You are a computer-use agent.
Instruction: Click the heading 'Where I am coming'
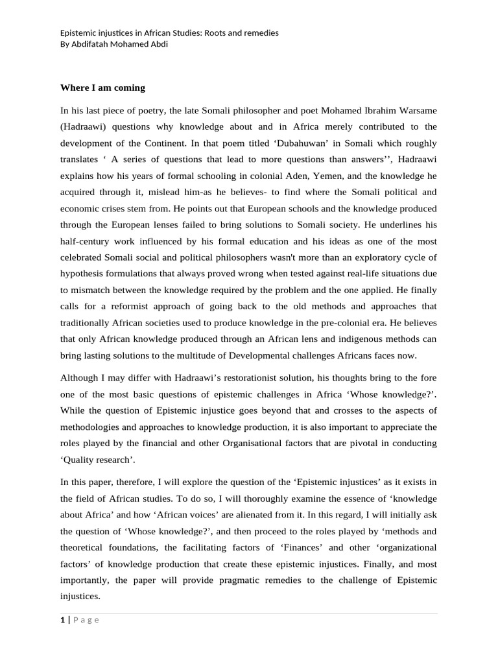(x=102, y=87)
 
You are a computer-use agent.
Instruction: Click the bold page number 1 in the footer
(x=62, y=620)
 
